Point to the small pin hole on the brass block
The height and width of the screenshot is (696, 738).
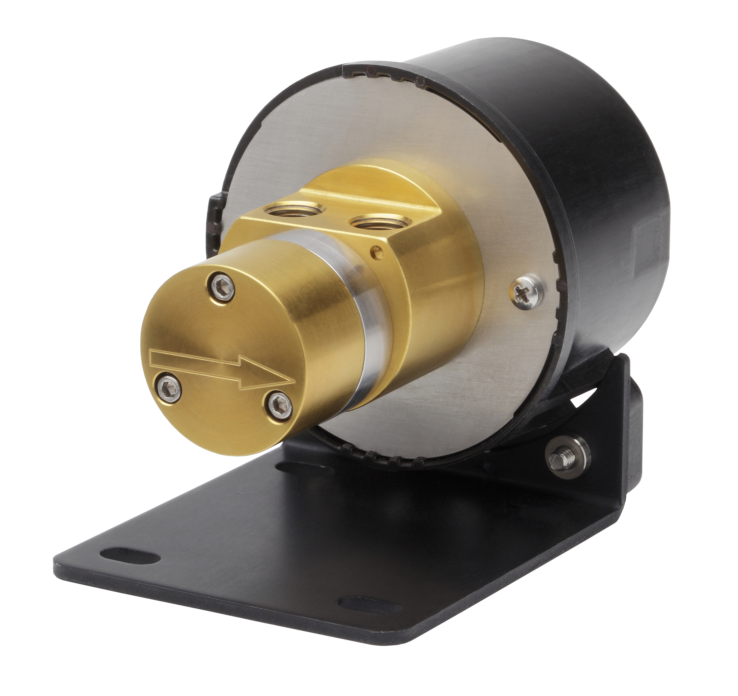(x=378, y=252)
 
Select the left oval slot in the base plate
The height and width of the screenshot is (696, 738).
(x=128, y=556)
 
